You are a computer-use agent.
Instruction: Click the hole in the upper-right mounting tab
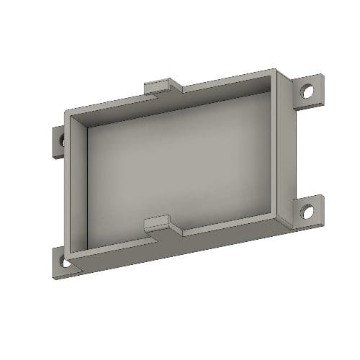tap(307, 92)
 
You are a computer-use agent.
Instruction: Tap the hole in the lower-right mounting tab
tap(308, 212)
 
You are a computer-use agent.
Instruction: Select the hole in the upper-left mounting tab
tap(61, 140)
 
